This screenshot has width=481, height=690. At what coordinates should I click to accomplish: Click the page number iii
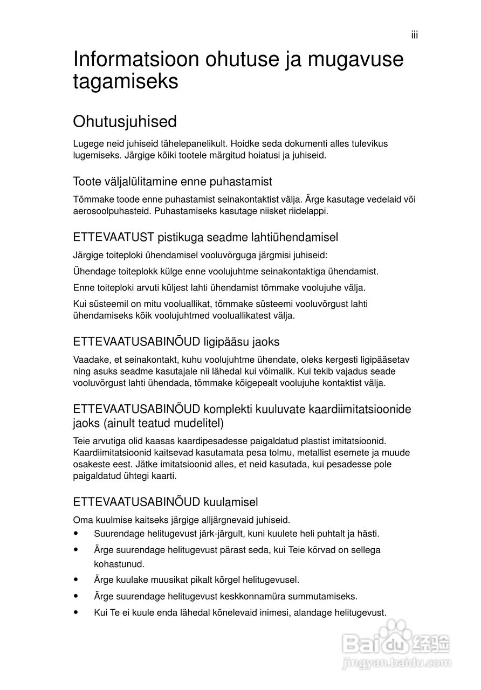coord(414,35)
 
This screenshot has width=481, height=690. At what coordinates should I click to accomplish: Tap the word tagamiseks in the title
coord(126,82)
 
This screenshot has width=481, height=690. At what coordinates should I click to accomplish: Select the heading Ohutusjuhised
coord(125,122)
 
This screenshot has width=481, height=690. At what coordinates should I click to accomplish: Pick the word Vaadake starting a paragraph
coord(90,359)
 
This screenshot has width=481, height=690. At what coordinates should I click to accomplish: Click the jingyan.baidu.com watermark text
coord(397,661)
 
